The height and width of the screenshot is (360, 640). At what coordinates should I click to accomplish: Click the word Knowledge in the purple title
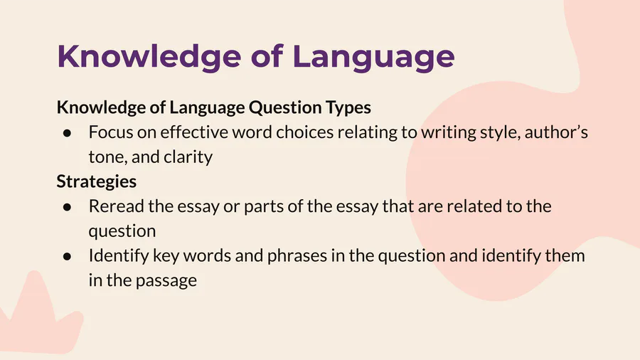[x=149, y=57]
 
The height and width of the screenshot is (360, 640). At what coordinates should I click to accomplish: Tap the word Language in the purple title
[x=373, y=57]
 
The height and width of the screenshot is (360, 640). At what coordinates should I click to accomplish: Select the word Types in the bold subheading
[x=348, y=107]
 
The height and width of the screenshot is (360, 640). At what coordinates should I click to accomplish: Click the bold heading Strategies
[x=96, y=181]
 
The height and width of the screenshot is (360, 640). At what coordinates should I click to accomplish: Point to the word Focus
[x=110, y=132]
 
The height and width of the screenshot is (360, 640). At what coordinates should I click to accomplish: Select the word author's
[x=556, y=132]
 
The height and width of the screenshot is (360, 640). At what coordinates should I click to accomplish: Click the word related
[x=474, y=206]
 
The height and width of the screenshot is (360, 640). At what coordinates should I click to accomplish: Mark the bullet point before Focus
[x=68, y=133]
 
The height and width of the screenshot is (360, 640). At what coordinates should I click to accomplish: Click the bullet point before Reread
[x=68, y=207]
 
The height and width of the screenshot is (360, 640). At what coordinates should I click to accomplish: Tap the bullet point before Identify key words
[x=68, y=256]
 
